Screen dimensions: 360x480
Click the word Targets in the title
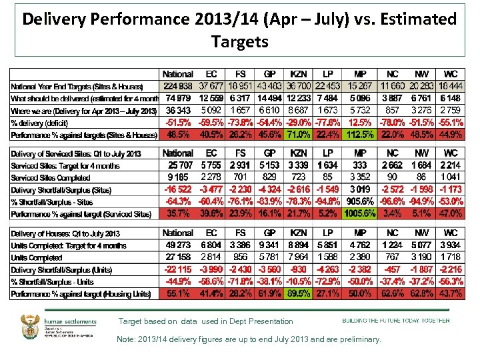pyautogui.click(x=239, y=42)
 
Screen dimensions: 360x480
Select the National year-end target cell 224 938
pyautogui.click(x=177, y=85)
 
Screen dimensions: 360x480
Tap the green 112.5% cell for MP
pyautogui.click(x=360, y=135)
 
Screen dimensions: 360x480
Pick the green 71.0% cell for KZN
pyautogui.click(x=299, y=135)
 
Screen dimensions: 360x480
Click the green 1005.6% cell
pyautogui.click(x=360, y=214)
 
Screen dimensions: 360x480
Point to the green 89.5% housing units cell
pyautogui.click(x=299, y=293)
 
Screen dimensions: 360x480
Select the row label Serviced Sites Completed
pyautogui.click(x=50, y=178)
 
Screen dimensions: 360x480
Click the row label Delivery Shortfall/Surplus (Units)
pyautogui.click(x=61, y=269)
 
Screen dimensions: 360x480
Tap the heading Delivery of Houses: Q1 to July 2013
pyautogui.click(x=65, y=233)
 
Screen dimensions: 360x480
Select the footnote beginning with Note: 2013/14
pyautogui.click(x=249, y=339)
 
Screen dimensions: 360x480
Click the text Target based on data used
pyautogui.click(x=205, y=321)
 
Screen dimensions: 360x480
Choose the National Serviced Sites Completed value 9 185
pyautogui.click(x=177, y=177)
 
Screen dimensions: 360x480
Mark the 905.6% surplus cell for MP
pyautogui.click(x=360, y=201)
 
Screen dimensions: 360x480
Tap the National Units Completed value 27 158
pyautogui.click(x=177, y=257)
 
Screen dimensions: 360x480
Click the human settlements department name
pyautogui.click(x=70, y=321)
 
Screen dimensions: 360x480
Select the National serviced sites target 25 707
pyautogui.click(x=177, y=165)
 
